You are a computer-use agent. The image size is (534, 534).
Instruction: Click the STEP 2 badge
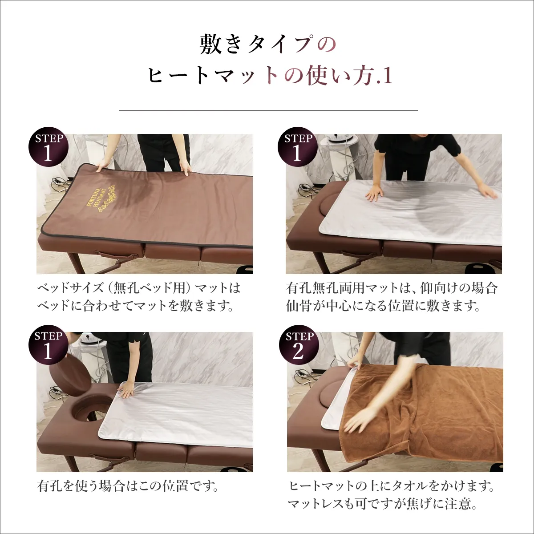tap(299, 346)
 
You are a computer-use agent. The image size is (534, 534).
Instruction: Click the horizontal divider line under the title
tap(268, 110)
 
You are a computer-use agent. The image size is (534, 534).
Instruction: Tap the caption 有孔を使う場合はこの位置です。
tap(128, 485)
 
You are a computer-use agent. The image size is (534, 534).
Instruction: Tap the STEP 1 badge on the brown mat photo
tap(49, 147)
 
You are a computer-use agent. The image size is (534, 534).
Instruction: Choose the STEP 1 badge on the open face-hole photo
tap(49, 345)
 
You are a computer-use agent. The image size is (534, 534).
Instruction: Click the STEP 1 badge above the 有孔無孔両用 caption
tap(298, 147)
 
